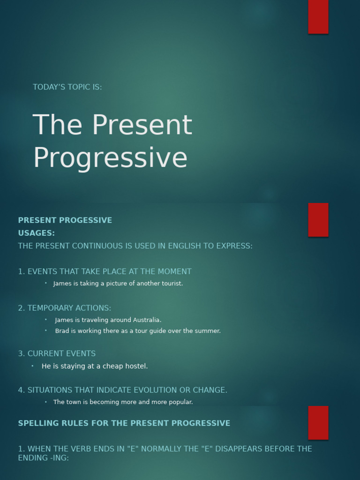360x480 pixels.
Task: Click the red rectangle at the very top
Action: [x=318, y=16]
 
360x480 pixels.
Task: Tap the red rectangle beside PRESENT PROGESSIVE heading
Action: [x=318, y=219]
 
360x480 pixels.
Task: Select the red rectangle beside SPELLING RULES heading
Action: [x=318, y=422]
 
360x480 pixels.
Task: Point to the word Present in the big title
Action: [x=142, y=125]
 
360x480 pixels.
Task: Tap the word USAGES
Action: [x=36, y=233]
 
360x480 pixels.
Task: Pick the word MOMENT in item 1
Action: [x=175, y=271]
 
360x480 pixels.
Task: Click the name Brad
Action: [x=62, y=331]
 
